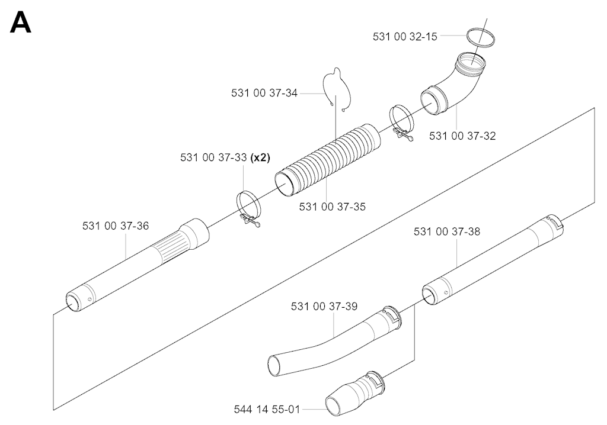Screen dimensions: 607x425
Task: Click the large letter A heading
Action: pyautogui.click(x=21, y=23)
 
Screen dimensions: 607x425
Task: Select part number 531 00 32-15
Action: pyautogui.click(x=405, y=36)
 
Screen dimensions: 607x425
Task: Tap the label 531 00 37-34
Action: pyautogui.click(x=264, y=93)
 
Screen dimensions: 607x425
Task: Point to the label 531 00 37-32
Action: pyautogui.click(x=462, y=136)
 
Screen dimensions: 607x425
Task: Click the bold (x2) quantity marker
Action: pyautogui.click(x=260, y=157)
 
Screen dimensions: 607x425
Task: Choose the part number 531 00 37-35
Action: pyautogui.click(x=332, y=207)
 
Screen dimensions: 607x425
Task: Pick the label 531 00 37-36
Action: pyautogui.click(x=116, y=226)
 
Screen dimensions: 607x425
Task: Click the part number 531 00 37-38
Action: pyautogui.click(x=447, y=231)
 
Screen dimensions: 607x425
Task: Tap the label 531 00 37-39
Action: pyautogui.click(x=324, y=306)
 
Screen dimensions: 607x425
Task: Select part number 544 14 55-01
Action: pyautogui.click(x=267, y=409)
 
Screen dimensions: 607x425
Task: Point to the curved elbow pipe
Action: pyautogui.click(x=457, y=83)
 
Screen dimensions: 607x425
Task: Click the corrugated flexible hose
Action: pyautogui.click(x=327, y=160)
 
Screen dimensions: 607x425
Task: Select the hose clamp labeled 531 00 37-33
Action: pyautogui.click(x=248, y=208)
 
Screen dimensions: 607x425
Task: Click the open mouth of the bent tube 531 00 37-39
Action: pyautogui.click(x=276, y=366)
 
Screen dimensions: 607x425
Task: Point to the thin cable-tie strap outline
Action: pyautogui.click(x=337, y=89)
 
